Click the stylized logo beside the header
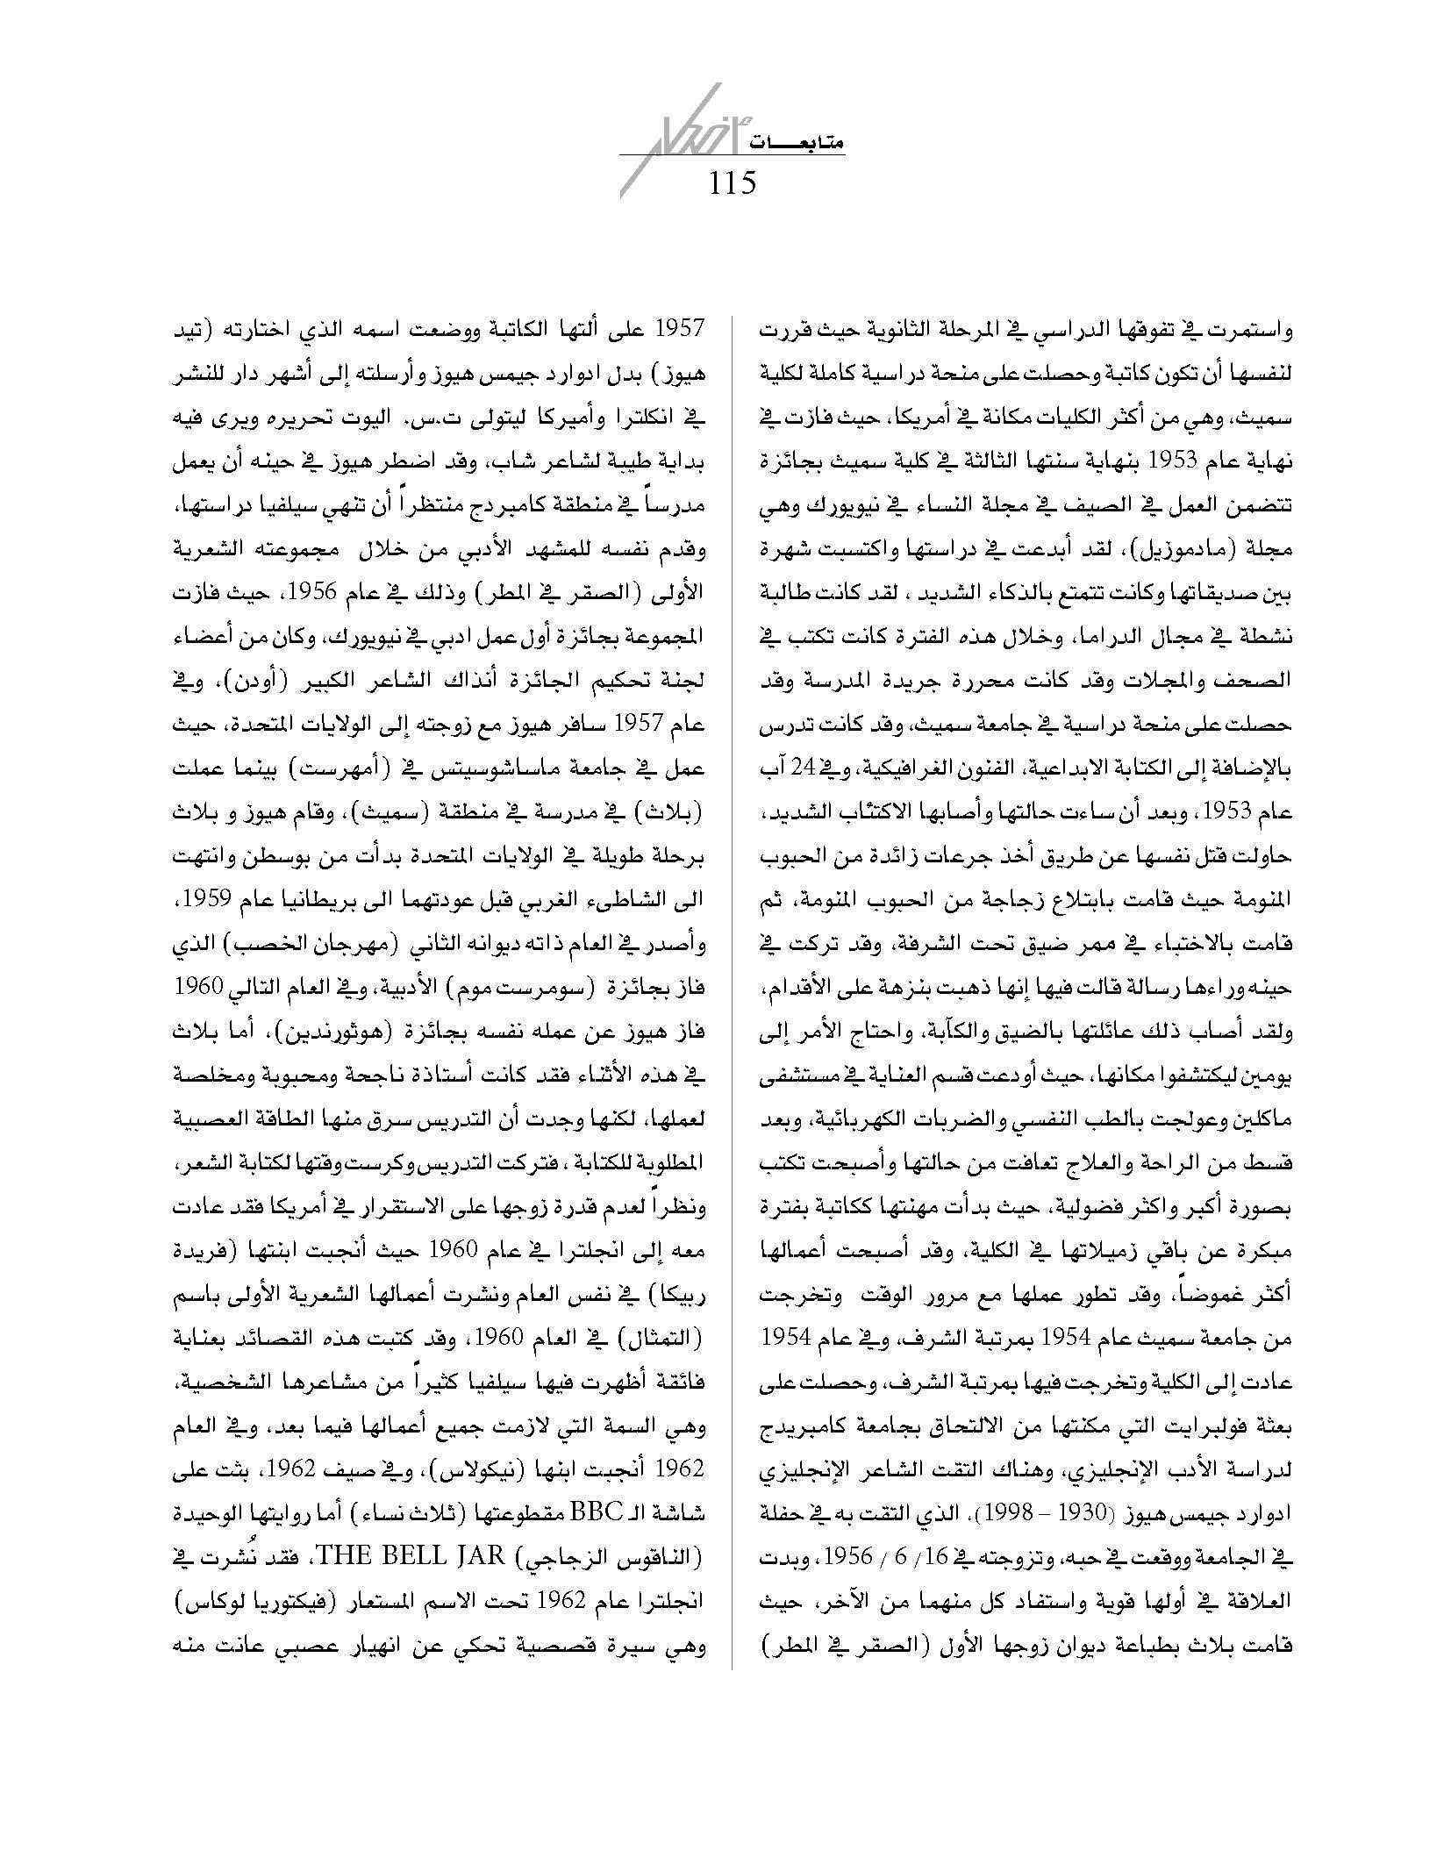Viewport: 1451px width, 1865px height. click(666, 140)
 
